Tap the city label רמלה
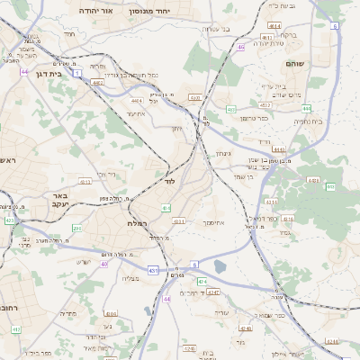[x=139, y=222]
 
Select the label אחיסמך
[x=212, y=221]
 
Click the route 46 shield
[x=240, y=47]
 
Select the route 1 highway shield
[x=78, y=72]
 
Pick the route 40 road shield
[x=104, y=264]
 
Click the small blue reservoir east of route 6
[x=220, y=266]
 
